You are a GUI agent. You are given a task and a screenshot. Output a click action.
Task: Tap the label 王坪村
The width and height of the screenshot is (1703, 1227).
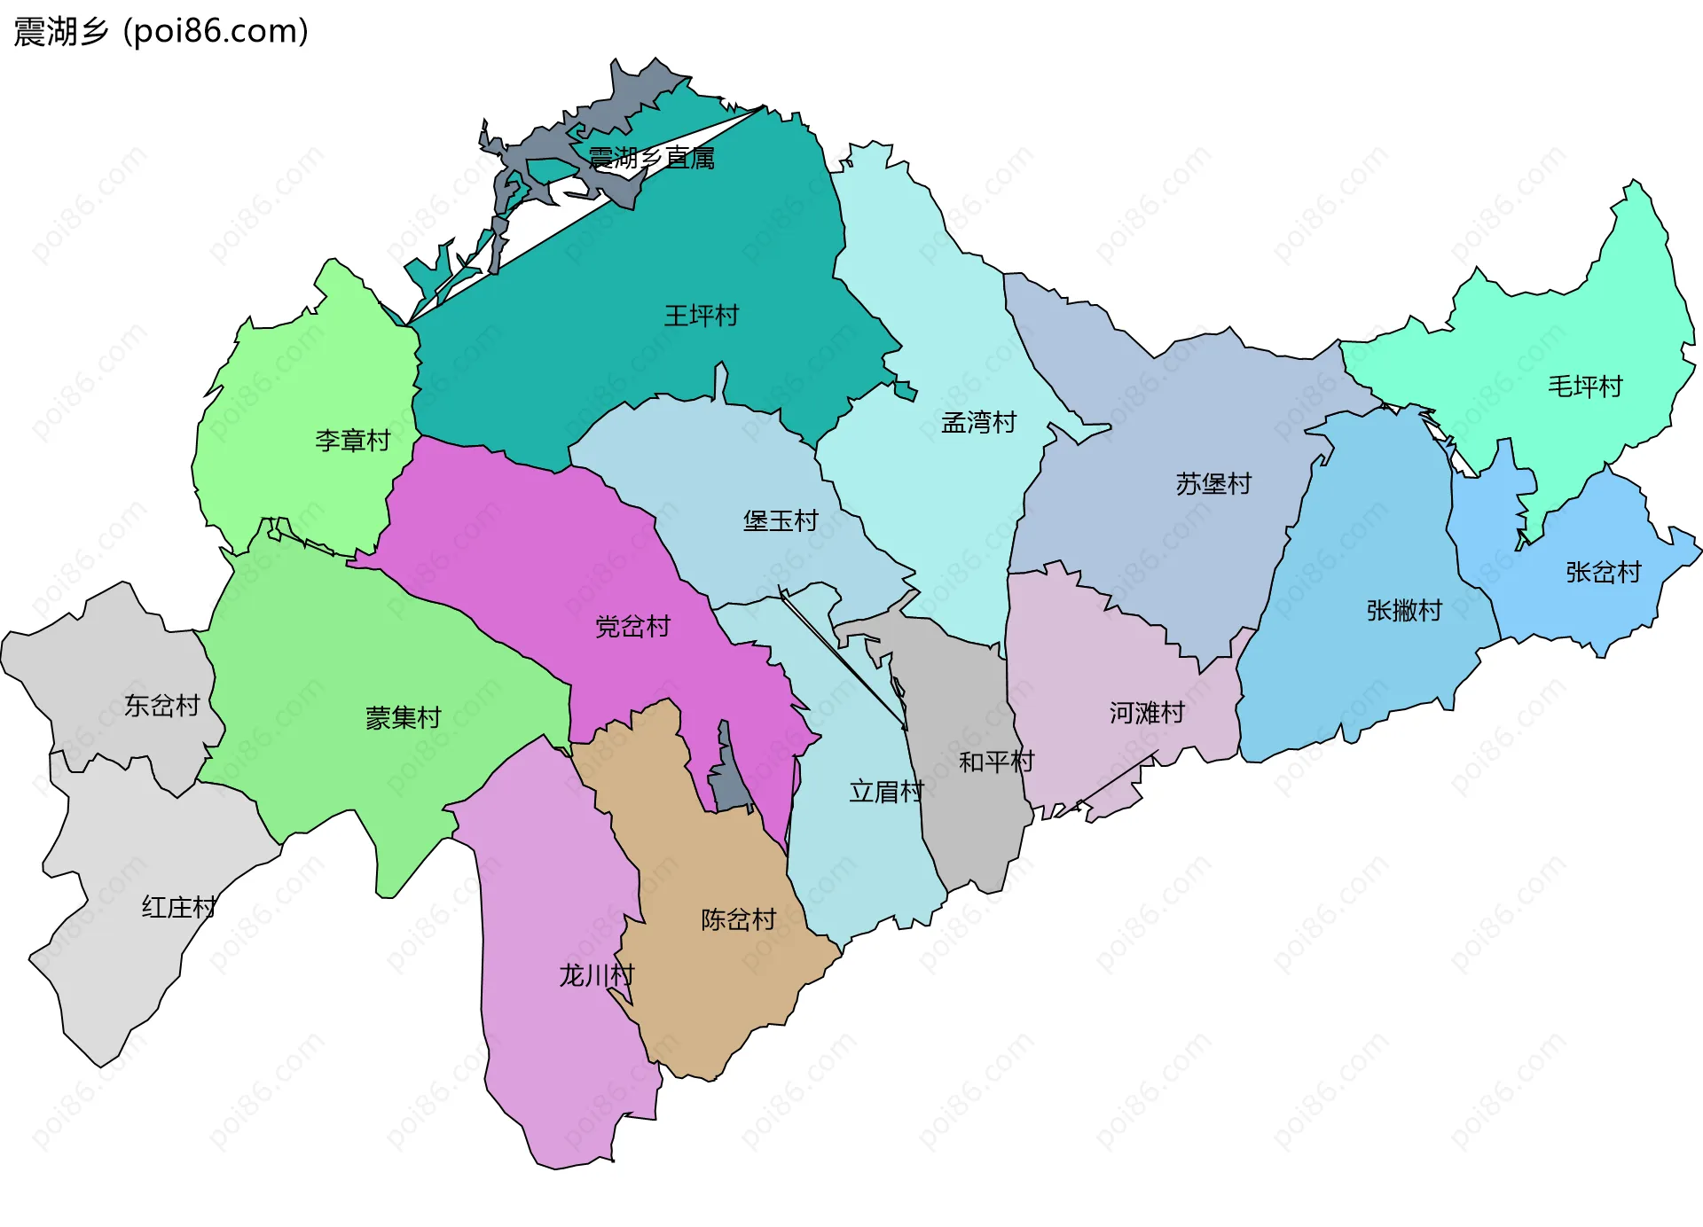701,316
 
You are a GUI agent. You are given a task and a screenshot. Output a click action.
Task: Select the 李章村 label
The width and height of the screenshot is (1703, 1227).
352,440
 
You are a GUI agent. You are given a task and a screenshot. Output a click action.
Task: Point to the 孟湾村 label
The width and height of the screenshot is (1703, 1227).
978,422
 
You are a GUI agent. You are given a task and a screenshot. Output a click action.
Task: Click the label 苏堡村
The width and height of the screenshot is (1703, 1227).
1213,483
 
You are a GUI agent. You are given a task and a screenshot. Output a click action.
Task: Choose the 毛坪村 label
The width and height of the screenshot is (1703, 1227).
1584,386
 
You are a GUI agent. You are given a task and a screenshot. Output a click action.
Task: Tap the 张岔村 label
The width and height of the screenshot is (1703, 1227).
1603,572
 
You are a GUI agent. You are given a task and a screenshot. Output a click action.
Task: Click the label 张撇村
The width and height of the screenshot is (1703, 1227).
1404,610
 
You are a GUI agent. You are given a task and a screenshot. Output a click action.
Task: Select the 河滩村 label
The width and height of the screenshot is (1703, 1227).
1147,712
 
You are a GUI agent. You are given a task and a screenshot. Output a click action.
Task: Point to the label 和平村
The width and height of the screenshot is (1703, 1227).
996,762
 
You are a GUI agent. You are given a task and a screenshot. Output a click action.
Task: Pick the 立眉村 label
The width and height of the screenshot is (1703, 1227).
886,791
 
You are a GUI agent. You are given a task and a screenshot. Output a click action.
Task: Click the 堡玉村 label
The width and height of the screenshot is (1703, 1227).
781,520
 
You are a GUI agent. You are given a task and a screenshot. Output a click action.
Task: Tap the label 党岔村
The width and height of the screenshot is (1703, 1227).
632,627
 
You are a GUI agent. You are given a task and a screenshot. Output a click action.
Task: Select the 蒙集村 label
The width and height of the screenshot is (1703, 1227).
404,717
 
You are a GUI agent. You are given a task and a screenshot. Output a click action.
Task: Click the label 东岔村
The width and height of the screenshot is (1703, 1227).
161,706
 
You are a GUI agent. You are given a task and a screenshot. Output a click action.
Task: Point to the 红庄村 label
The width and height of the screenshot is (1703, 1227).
179,907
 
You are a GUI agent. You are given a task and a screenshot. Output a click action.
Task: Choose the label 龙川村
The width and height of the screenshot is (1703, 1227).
596,975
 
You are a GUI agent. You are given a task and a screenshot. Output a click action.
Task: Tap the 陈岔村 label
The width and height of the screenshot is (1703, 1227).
738,919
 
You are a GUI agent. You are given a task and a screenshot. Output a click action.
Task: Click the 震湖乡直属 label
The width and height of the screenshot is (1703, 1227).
651,159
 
